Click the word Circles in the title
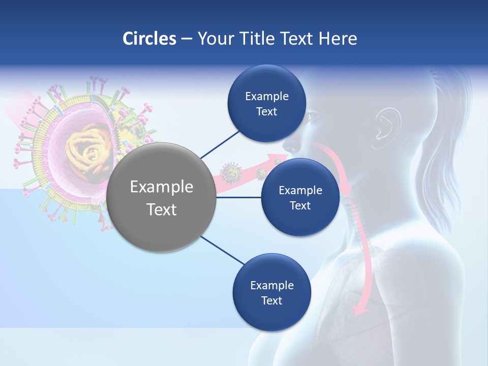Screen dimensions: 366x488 (x=149, y=39)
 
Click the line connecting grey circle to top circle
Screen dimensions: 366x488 (x=220, y=144)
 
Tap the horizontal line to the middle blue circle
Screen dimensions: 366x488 (x=239, y=197)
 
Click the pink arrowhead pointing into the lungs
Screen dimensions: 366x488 (x=361, y=308)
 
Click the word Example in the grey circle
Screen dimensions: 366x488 (x=162, y=187)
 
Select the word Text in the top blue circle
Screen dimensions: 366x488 (x=266, y=112)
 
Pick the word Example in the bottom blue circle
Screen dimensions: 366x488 (x=271, y=285)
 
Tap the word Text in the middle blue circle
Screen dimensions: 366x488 (x=300, y=205)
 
